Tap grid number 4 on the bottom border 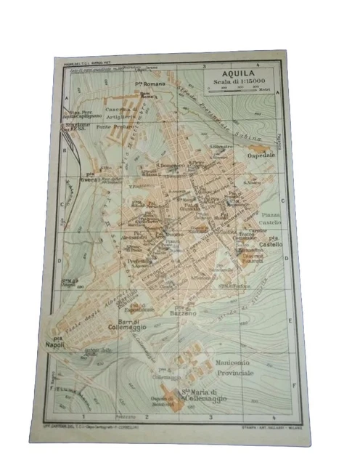pyautogui.click(x=274, y=416)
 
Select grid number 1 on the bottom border pyautogui.click(x=85, y=416)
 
